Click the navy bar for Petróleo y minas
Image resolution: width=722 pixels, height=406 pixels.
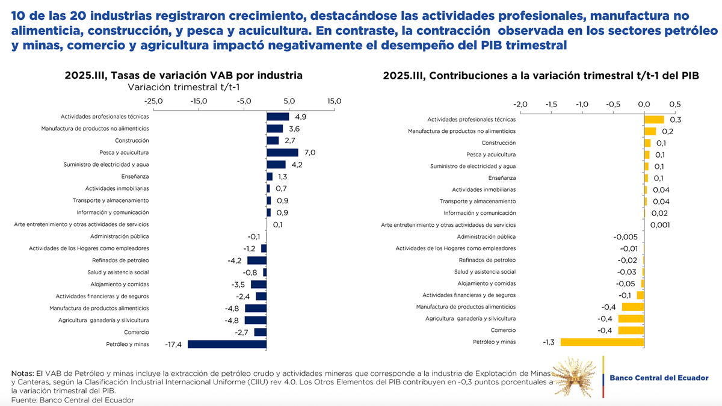pyautogui.click(x=227, y=344)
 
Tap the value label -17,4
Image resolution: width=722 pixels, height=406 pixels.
pyautogui.click(x=174, y=345)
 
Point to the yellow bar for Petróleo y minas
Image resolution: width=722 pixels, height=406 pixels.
pyautogui.click(x=602, y=342)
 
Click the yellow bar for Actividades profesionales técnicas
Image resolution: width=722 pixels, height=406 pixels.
pyautogui.click(x=654, y=120)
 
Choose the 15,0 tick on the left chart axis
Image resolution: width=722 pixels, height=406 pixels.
pyautogui.click(x=334, y=101)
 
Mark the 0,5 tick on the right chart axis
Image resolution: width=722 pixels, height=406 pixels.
pyautogui.click(x=674, y=104)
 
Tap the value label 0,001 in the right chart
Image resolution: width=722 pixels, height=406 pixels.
pyautogui.click(x=661, y=225)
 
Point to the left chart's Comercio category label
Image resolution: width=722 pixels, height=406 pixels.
pyautogui.click(x=136, y=332)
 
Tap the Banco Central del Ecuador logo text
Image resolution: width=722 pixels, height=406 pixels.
pyautogui.click(x=659, y=378)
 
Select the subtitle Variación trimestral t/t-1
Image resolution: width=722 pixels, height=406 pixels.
pyautogui.click(x=184, y=87)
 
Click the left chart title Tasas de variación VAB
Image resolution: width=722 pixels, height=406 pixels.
pyautogui.click(x=184, y=75)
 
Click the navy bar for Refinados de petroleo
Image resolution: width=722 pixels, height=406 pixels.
pyautogui.click(x=257, y=260)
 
